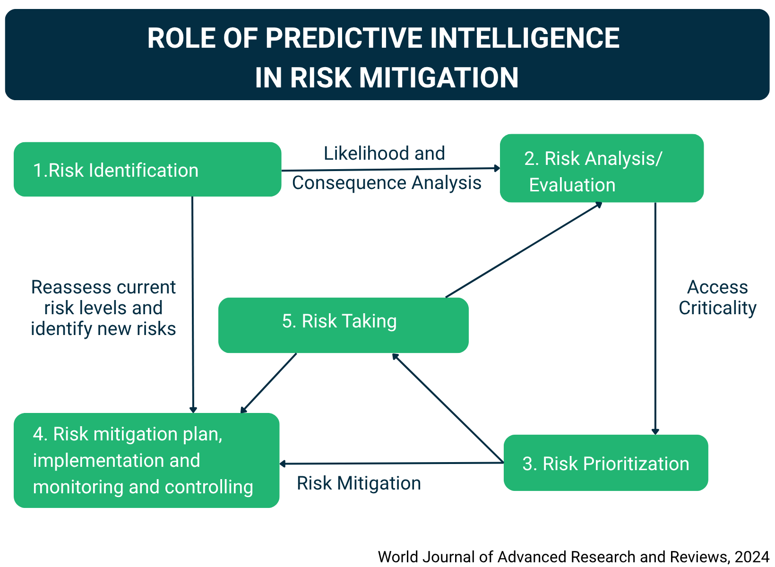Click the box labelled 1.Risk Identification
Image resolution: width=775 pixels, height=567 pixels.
tap(147, 170)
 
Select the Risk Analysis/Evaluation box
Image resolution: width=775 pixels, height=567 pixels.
tap(601, 169)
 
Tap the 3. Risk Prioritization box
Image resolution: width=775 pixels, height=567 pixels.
tap(605, 463)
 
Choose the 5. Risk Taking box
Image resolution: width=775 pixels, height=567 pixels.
tap(343, 325)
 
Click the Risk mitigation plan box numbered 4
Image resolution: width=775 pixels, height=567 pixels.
tap(146, 461)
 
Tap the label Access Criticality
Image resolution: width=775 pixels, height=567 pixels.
tap(717, 298)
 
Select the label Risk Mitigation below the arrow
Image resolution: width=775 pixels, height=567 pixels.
tap(359, 483)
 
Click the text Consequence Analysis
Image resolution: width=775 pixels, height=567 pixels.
tap(386, 183)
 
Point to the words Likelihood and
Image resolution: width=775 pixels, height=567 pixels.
tap(384, 154)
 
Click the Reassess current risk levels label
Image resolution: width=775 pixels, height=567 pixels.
tap(103, 308)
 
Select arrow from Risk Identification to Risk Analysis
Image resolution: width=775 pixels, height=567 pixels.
tap(390, 169)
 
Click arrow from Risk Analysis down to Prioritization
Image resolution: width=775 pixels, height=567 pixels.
tap(655, 317)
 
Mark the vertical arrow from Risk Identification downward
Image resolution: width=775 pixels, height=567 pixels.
tap(193, 302)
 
